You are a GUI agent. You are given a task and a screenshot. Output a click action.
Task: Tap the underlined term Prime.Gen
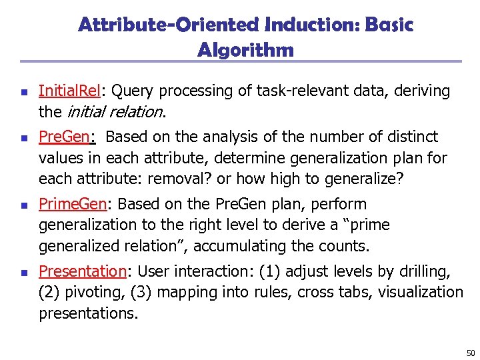75,204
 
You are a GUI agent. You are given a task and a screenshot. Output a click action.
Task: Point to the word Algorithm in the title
245,50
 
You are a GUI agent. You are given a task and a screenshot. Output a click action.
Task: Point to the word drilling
425,271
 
